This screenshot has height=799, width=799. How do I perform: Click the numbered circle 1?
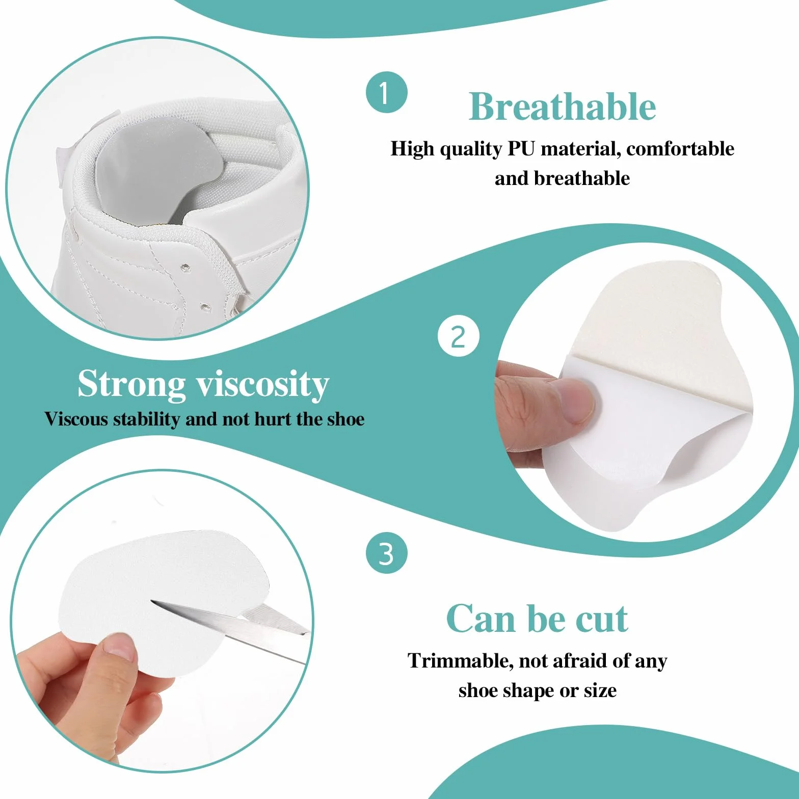click(x=386, y=92)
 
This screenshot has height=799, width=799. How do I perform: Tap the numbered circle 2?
click(x=458, y=337)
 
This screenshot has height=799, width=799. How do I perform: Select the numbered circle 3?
click(x=386, y=553)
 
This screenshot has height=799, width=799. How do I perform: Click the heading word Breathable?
click(x=562, y=106)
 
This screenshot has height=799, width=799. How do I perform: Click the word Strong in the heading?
click(x=131, y=384)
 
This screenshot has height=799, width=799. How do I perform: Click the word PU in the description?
click(x=521, y=149)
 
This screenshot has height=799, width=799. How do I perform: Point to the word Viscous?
click(x=76, y=419)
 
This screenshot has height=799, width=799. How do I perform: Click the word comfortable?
click(x=680, y=149)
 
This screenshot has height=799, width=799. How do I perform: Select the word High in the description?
click(x=413, y=149)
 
